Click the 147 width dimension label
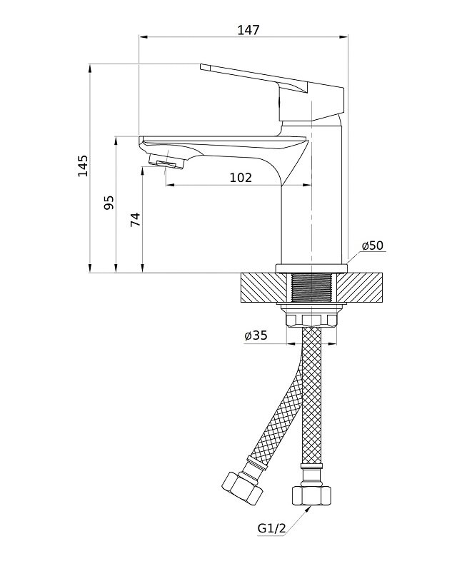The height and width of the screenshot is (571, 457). click(x=248, y=29)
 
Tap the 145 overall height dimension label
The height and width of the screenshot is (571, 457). click(x=83, y=166)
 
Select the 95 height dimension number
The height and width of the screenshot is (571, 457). click(x=109, y=203)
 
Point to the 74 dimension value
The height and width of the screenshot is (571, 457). click(x=135, y=219)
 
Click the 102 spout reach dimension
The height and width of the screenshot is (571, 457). click(x=241, y=178)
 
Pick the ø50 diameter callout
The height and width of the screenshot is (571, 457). click(x=373, y=246)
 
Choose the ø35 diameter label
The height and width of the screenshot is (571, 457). click(x=256, y=335)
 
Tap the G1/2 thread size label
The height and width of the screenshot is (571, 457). click(x=271, y=527)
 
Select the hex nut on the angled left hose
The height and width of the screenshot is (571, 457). click(x=242, y=488)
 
